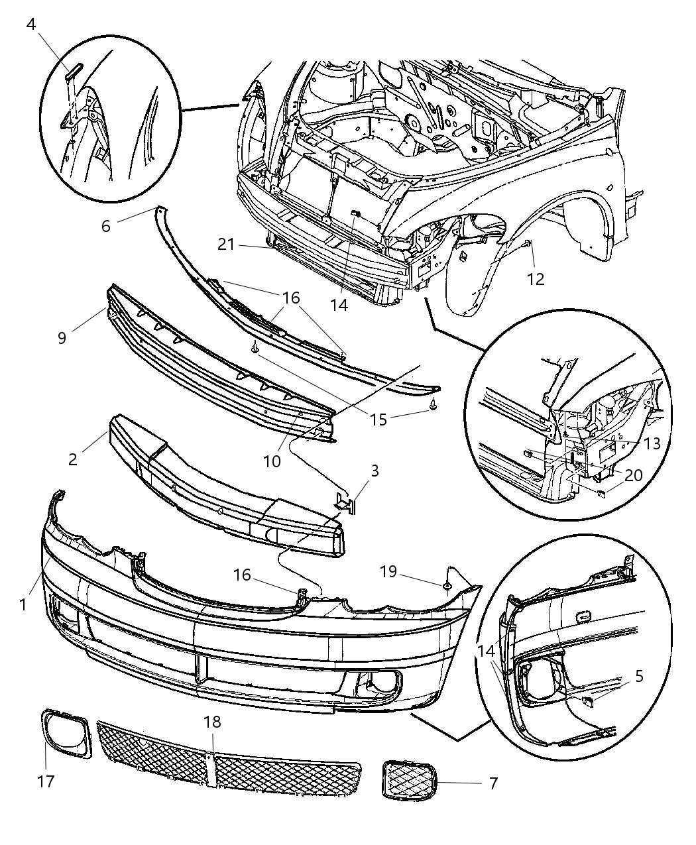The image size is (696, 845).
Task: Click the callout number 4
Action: coord(30,25)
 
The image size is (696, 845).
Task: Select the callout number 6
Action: coord(106,225)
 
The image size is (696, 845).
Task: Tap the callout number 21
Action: coord(226,245)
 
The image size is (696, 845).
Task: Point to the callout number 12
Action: coord(535,279)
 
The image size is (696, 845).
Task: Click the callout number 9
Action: coord(62,338)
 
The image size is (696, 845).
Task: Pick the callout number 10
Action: coord(272,443)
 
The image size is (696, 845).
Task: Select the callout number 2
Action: coord(72,458)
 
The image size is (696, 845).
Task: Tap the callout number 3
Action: coord(375,471)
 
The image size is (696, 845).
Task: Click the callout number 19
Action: coord(388,571)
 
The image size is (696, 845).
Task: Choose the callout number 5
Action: coord(638,676)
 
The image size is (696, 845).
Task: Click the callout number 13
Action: coord(652,443)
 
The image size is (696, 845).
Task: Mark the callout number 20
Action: coord(633,475)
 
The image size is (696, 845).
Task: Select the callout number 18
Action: coord(212,722)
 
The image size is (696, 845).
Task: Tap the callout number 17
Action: coord(45,781)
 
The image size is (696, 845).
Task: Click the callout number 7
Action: coord(493,783)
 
